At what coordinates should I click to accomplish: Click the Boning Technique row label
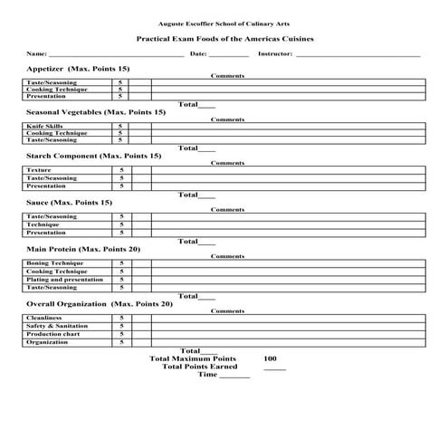[54, 263]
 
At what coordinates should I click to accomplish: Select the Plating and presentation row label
[64, 280]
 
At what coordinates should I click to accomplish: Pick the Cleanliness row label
[44, 318]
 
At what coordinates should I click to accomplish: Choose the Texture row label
[39, 170]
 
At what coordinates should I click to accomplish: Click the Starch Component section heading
[94, 156]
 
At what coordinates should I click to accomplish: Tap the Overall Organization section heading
[99, 303]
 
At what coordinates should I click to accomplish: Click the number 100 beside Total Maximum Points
[270, 358]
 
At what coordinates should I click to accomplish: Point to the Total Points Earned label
[199, 367]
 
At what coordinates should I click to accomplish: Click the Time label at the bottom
[208, 374]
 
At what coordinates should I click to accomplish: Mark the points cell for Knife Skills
[120, 126]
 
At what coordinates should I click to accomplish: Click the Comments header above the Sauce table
[227, 209]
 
